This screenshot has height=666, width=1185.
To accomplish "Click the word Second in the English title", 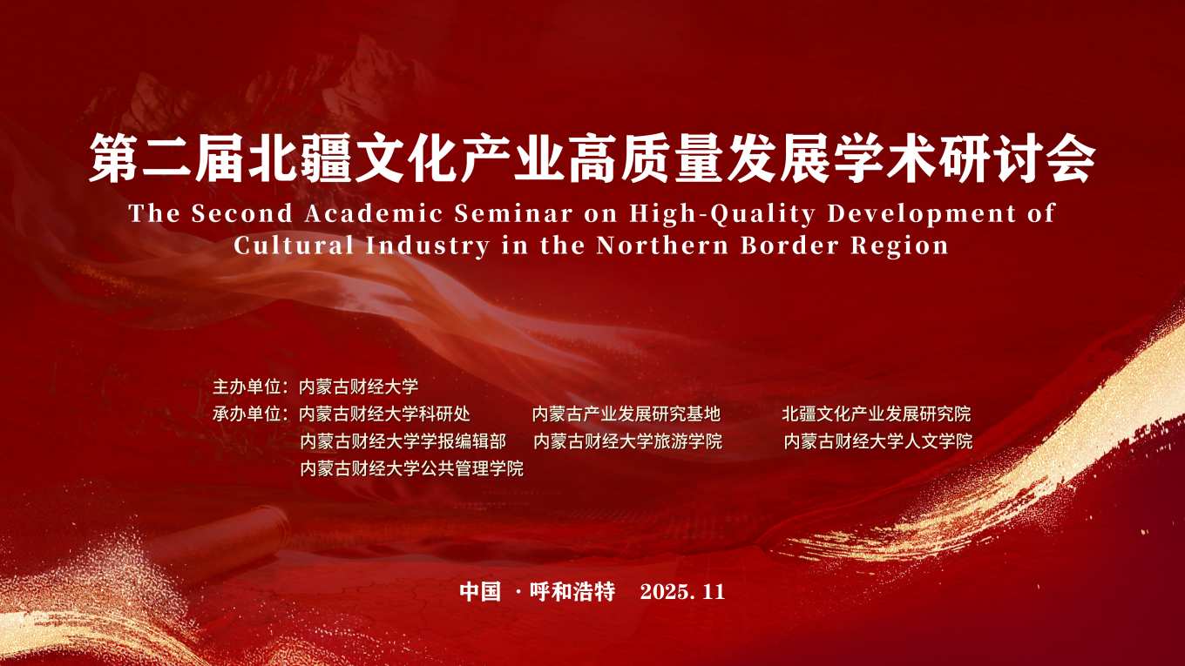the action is pos(241,213).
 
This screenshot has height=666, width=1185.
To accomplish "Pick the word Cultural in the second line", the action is pos(295,246).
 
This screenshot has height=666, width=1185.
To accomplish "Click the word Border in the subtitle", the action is pos(789,246).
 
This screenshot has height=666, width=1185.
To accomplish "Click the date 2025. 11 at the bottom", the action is pos(682,591).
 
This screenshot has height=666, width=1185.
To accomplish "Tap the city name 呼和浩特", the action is pos(572,591).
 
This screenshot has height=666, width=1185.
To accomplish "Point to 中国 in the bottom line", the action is pos(480,591).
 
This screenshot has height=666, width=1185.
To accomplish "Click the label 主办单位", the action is pos(247,387).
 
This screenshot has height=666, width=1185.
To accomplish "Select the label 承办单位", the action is pos(247,414).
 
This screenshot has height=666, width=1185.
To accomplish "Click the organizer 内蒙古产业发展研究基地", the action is pos(626,414).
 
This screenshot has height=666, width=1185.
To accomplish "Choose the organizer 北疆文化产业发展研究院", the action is pos(877,414).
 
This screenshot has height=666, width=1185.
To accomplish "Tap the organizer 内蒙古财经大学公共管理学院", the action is pos(411,468).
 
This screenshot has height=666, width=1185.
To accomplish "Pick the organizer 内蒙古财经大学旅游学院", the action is pos(628,441).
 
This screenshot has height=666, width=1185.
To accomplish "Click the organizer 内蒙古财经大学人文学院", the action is pos(878,441).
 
